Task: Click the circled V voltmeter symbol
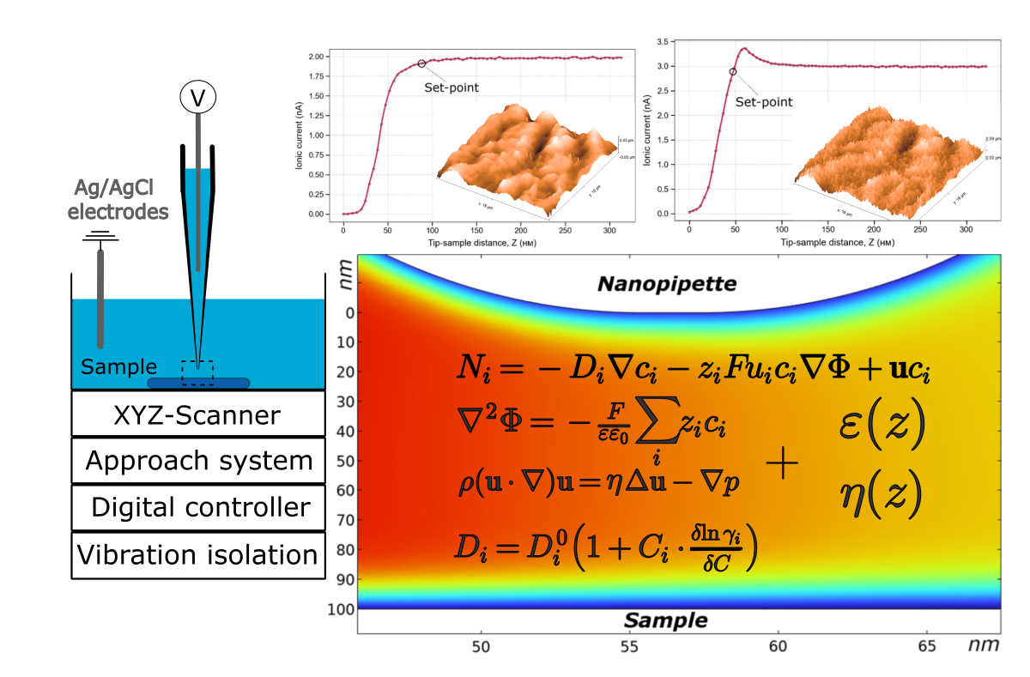pos(198,98)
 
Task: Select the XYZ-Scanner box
pos(197,415)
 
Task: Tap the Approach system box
pos(198,461)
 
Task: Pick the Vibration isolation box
pos(197,554)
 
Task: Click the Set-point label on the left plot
pos(451,87)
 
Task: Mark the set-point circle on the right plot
pos(733,72)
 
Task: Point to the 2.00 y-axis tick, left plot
pos(315,57)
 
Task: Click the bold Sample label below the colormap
pos(665,620)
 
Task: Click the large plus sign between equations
pos(782,464)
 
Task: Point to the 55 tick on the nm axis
pos(630,644)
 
